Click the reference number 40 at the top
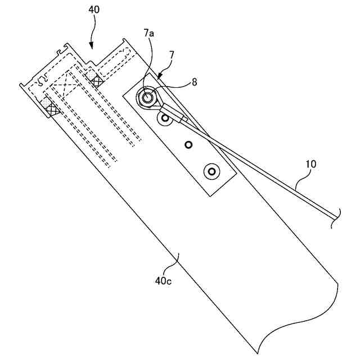(94, 10)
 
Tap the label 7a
(148, 34)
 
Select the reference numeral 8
(194, 82)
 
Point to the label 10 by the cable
(310, 164)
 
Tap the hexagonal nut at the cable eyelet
(148, 97)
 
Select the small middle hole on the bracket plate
(188, 145)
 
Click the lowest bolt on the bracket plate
(212, 170)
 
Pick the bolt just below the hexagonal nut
(165, 119)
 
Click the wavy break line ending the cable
(337, 216)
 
